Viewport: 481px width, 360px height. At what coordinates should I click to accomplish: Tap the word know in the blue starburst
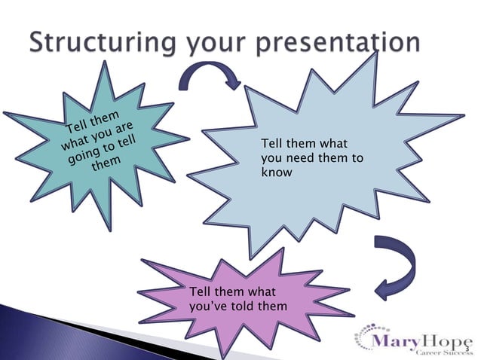(275, 172)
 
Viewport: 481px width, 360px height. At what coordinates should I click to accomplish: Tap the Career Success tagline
(437, 353)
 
